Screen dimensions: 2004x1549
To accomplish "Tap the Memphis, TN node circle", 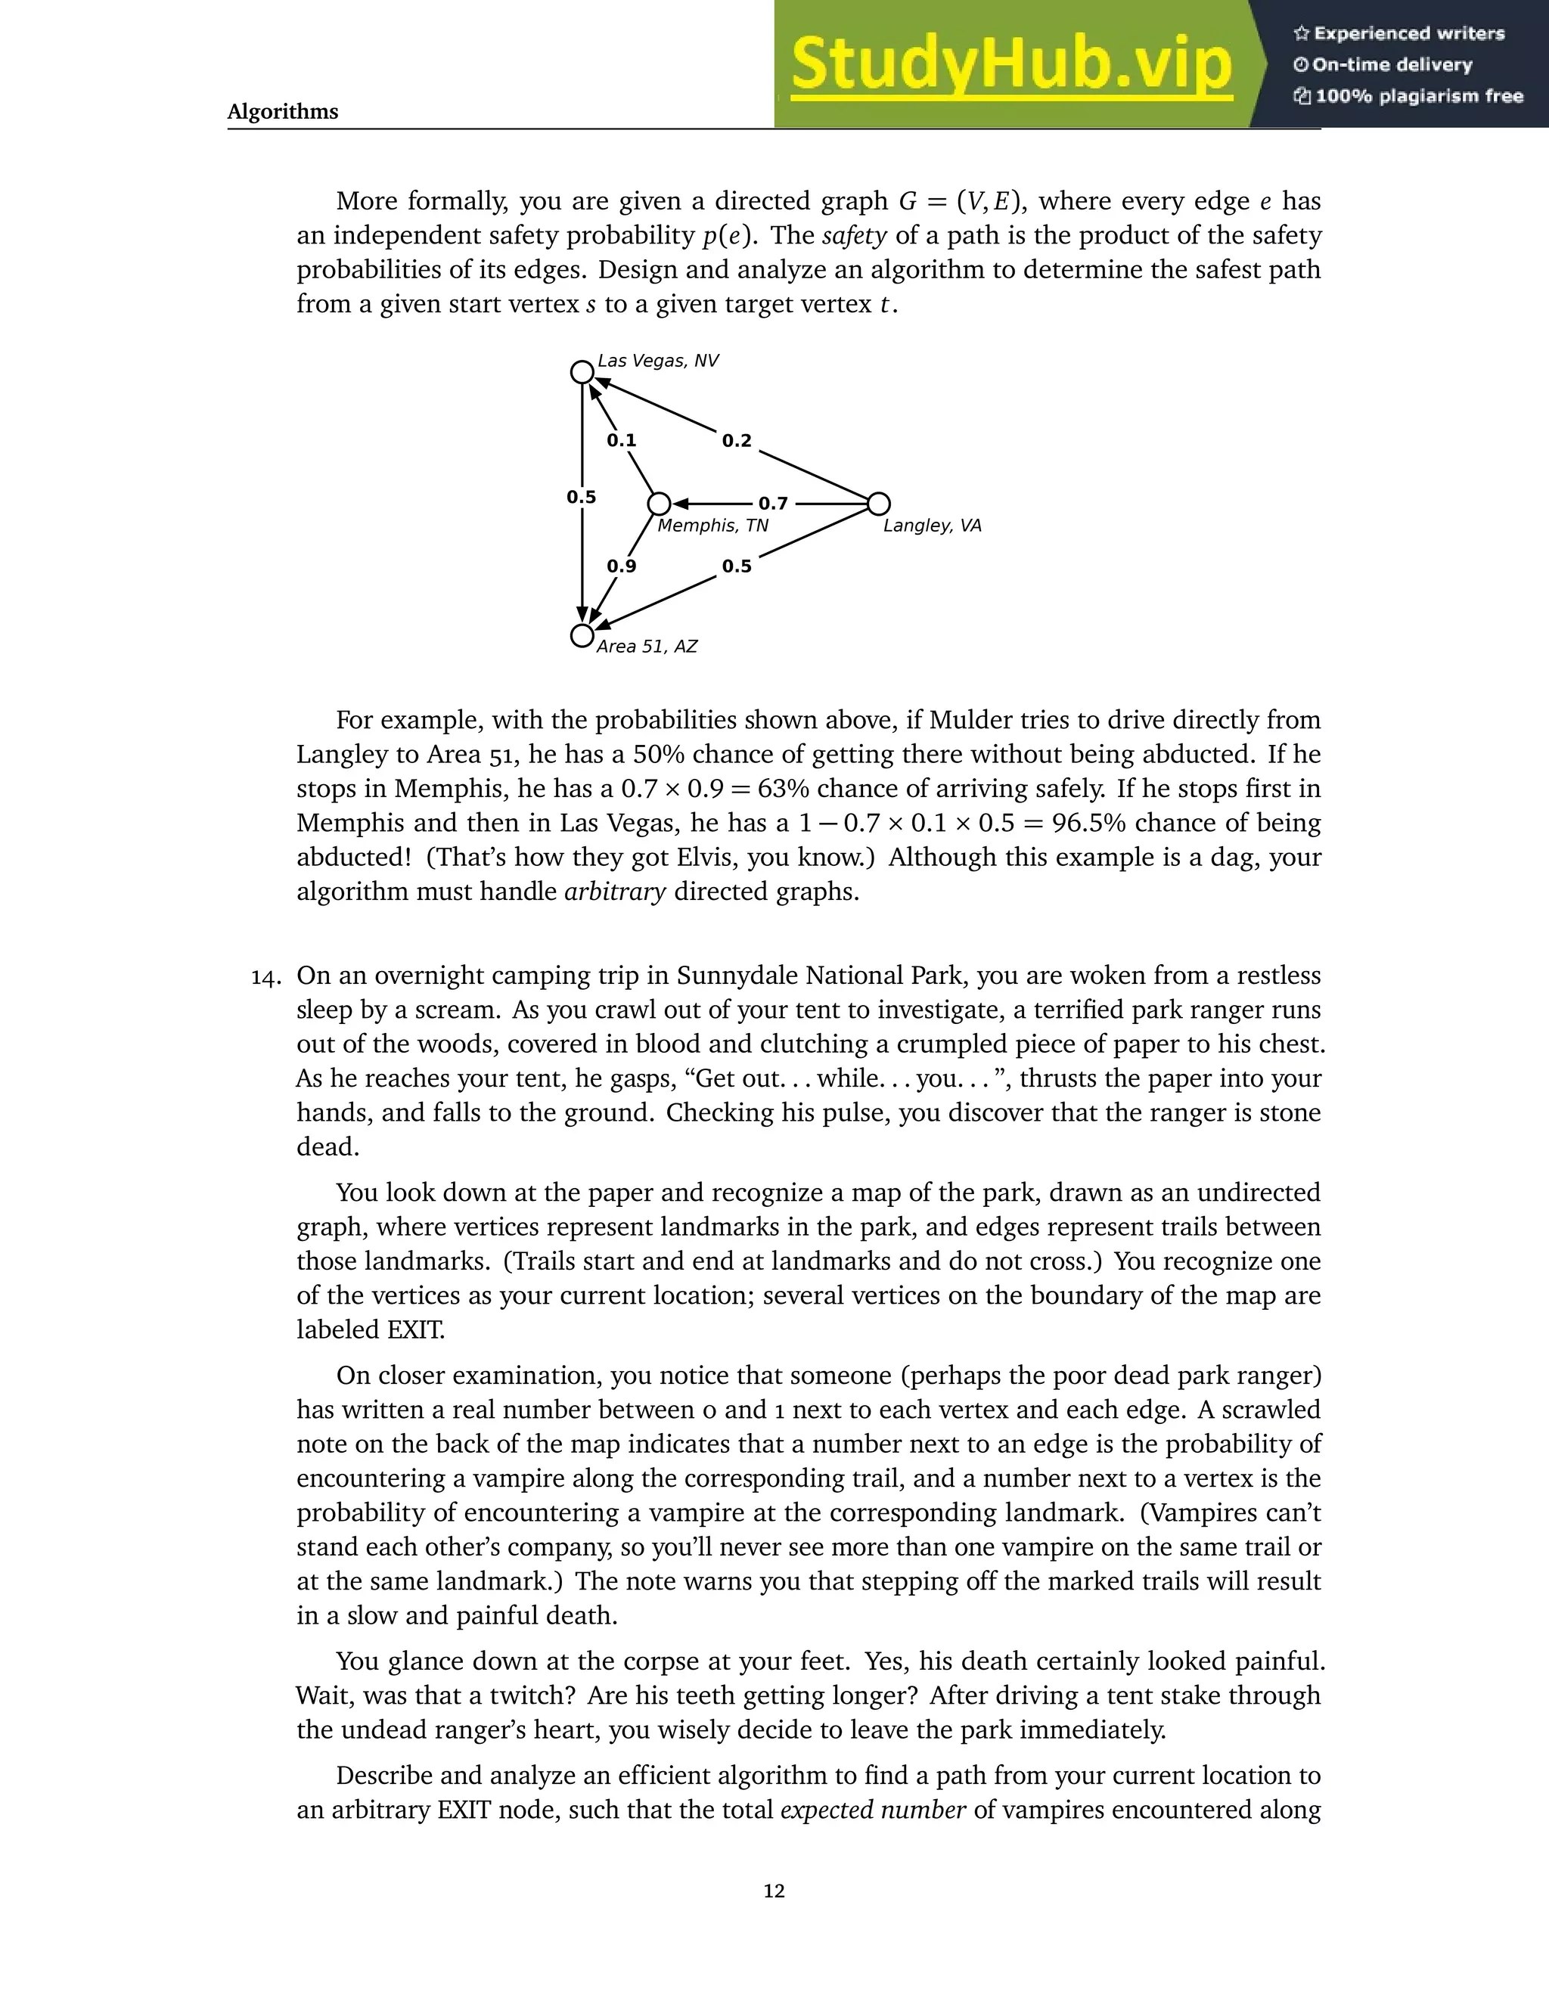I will coord(659,504).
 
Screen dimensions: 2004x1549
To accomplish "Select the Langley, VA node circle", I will coord(878,504).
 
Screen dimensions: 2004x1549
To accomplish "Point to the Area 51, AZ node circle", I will coord(582,636).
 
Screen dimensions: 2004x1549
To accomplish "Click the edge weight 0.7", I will coord(773,504).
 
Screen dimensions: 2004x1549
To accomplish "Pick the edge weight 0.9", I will coord(621,566).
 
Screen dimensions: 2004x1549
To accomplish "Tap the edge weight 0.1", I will coord(621,440).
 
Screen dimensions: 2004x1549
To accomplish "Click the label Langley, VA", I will coord(931,526).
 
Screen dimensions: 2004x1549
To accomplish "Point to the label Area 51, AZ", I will coord(647,647).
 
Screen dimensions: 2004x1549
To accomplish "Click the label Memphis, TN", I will coord(713,526).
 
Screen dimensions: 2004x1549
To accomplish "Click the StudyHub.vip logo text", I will coord(1010,64).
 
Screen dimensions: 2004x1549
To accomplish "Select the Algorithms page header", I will coord(283,112).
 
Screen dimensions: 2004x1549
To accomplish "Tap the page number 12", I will coord(774,1891).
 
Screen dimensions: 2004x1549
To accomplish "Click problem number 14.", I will coord(265,978).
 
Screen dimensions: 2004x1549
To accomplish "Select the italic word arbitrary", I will coord(614,892).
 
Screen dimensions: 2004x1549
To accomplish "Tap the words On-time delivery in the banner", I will coord(1391,65).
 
